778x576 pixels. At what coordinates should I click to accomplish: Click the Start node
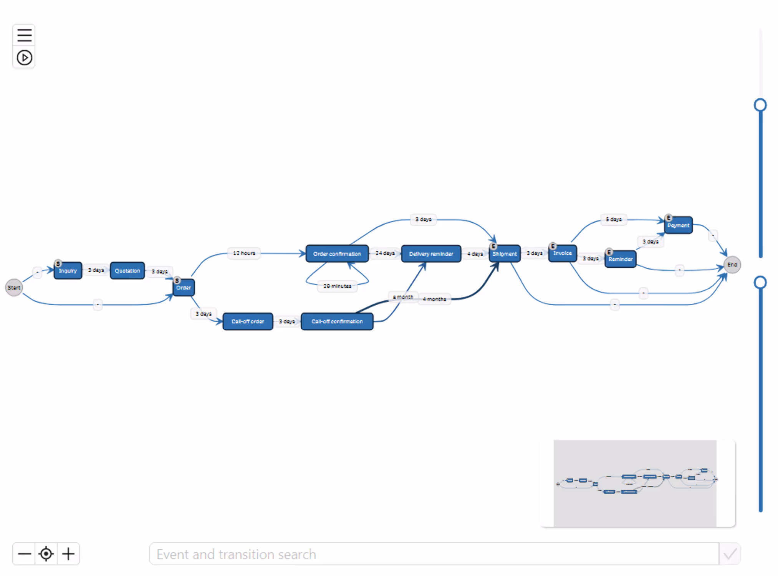pyautogui.click(x=14, y=288)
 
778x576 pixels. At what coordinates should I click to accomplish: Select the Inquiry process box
pyautogui.click(x=68, y=271)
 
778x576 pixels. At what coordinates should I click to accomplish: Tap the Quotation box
pyautogui.click(x=127, y=271)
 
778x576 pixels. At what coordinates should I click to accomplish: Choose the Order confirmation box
pyautogui.click(x=337, y=254)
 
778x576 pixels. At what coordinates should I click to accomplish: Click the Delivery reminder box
pyautogui.click(x=431, y=254)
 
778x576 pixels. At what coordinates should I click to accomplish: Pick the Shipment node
pyautogui.click(x=505, y=254)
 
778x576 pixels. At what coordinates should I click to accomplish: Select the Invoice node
pyautogui.click(x=563, y=253)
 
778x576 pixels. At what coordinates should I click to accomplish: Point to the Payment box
pyautogui.click(x=678, y=225)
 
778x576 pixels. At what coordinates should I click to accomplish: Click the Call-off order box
pyautogui.click(x=248, y=321)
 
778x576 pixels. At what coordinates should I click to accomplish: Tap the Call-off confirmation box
pyautogui.click(x=337, y=321)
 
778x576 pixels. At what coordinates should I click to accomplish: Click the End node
pyautogui.click(x=732, y=265)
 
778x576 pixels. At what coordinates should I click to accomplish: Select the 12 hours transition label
pyautogui.click(x=244, y=253)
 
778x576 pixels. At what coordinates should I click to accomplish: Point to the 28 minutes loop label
pyautogui.click(x=337, y=286)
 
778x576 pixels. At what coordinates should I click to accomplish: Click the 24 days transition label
pyautogui.click(x=385, y=253)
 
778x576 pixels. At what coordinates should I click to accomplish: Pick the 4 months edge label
pyautogui.click(x=434, y=299)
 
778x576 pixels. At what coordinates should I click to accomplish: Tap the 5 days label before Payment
pyautogui.click(x=613, y=219)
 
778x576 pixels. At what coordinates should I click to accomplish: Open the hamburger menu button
pyautogui.click(x=24, y=35)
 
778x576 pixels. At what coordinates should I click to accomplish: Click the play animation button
pyautogui.click(x=24, y=58)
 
